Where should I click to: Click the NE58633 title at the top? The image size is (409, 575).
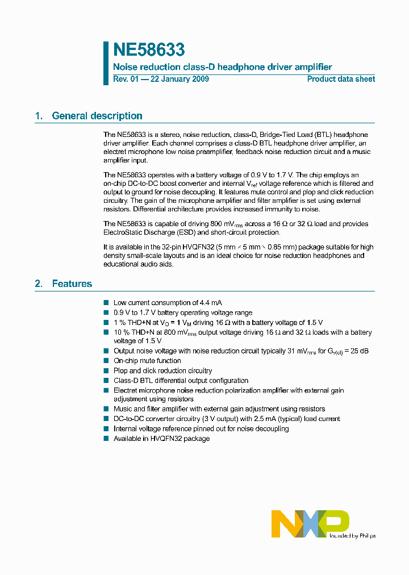pos(149,51)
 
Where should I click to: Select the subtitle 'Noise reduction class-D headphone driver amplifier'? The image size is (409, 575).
pos(222,67)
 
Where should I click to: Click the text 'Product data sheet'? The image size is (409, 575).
pos(341,79)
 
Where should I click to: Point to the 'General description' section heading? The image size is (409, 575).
pos(97,116)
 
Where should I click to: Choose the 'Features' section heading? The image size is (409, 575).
pos(72,284)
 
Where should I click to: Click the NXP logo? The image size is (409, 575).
pos(310,523)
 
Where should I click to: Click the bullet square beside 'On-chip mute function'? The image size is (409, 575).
pos(106,361)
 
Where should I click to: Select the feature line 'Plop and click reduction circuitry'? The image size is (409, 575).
pos(162,370)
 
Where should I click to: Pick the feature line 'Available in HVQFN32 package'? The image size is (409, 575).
pos(161,439)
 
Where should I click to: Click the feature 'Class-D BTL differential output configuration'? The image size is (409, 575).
pos(181,381)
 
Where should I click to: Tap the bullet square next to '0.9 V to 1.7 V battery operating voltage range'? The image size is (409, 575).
pos(106,312)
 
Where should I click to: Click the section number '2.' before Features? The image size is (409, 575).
pos(39,284)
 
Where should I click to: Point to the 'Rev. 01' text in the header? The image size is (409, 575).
pos(126,79)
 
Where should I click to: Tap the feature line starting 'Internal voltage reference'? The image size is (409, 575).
pos(201,428)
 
